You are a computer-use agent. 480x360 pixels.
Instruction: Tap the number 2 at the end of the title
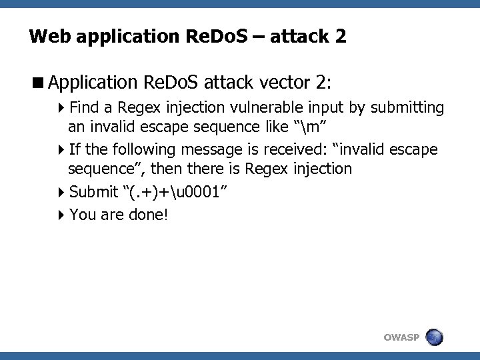point(341,36)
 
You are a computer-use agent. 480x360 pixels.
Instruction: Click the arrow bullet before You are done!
point(62,214)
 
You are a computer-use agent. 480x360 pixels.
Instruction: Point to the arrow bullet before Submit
point(62,193)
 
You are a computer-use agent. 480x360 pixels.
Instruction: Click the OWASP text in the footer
point(401,337)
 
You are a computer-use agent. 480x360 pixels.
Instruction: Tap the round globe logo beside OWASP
point(433,337)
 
